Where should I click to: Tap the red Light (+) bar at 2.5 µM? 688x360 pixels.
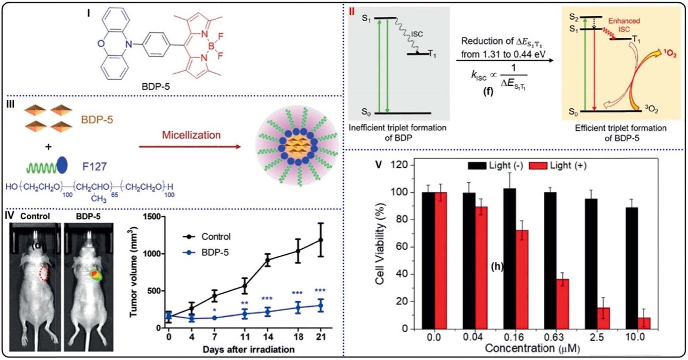(x=603, y=318)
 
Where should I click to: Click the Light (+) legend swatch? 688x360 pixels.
(x=538, y=166)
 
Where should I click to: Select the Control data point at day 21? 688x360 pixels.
(x=320, y=240)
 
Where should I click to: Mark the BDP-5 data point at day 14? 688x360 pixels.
(x=267, y=312)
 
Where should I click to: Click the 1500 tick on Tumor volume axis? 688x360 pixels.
(x=151, y=217)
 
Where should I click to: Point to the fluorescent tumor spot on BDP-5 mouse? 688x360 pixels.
(x=95, y=275)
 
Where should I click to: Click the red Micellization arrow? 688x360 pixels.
(x=189, y=147)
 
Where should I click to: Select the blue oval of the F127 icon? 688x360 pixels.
(x=62, y=165)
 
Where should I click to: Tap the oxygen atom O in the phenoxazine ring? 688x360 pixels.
(x=101, y=44)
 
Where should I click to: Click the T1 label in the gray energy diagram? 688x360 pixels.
(x=432, y=54)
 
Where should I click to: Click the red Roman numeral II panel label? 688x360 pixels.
(x=352, y=12)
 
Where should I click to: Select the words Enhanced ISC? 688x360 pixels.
(x=624, y=25)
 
